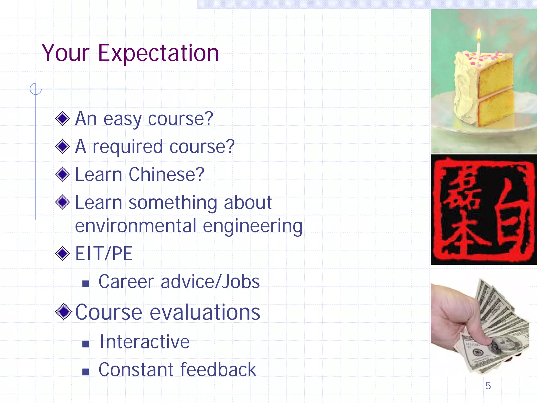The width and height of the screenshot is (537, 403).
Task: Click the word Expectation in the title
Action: coord(158,54)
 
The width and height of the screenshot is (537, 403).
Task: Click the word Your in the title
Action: coord(66,53)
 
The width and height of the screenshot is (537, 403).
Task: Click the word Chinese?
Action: coord(166,174)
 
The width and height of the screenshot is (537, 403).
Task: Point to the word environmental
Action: coord(136,226)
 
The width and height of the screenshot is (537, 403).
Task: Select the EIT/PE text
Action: coord(104,254)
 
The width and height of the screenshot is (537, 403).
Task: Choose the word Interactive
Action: coord(144,342)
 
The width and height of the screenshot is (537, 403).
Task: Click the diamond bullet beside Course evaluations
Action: coord(63,312)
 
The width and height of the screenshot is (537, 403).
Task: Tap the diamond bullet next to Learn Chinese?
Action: coord(63,174)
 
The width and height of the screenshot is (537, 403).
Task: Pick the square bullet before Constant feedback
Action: coord(86,372)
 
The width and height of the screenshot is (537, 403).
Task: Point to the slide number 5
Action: coord(488,386)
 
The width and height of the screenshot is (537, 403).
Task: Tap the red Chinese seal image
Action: coord(484,210)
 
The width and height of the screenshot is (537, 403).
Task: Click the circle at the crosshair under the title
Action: coord(36,89)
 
